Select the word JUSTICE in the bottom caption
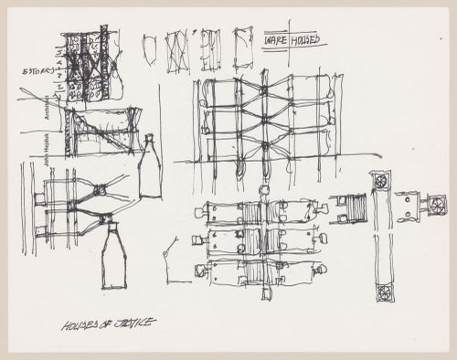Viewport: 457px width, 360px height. (x=135, y=323)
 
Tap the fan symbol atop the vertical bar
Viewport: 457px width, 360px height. (x=380, y=181)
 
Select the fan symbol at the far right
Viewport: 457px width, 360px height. (x=436, y=206)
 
